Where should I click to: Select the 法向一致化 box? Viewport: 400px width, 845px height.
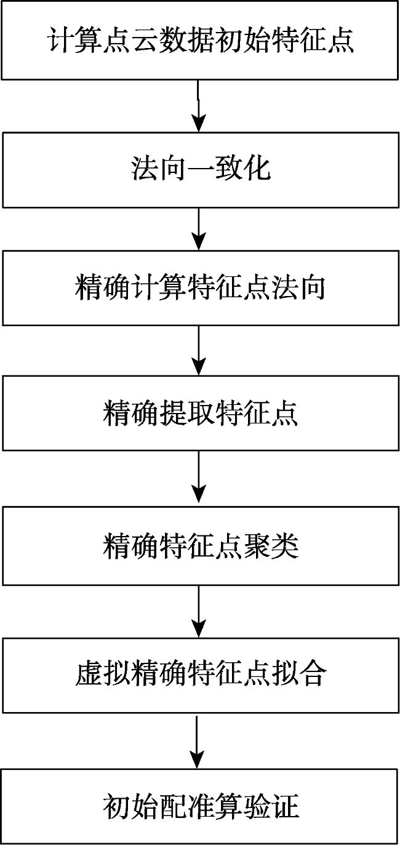[201, 169]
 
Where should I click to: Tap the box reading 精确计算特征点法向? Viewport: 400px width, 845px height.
[201, 288]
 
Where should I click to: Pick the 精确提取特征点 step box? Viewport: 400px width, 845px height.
[201, 413]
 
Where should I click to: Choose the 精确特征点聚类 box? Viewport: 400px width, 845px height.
[201, 546]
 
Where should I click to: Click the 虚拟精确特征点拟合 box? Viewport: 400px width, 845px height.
[201, 675]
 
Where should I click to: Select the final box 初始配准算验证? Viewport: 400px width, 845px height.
[200, 806]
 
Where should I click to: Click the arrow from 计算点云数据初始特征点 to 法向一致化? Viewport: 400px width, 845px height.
[199, 106]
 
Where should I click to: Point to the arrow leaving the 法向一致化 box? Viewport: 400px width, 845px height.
[199, 229]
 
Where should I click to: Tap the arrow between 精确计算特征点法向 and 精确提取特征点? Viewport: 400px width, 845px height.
[199, 350]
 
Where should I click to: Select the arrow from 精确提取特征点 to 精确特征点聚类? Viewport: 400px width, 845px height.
[199, 479]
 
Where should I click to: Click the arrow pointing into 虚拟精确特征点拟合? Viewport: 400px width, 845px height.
[199, 612]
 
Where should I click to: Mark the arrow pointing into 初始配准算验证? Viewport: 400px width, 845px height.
[197, 741]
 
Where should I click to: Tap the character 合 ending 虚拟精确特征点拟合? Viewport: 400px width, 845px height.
[312, 674]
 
